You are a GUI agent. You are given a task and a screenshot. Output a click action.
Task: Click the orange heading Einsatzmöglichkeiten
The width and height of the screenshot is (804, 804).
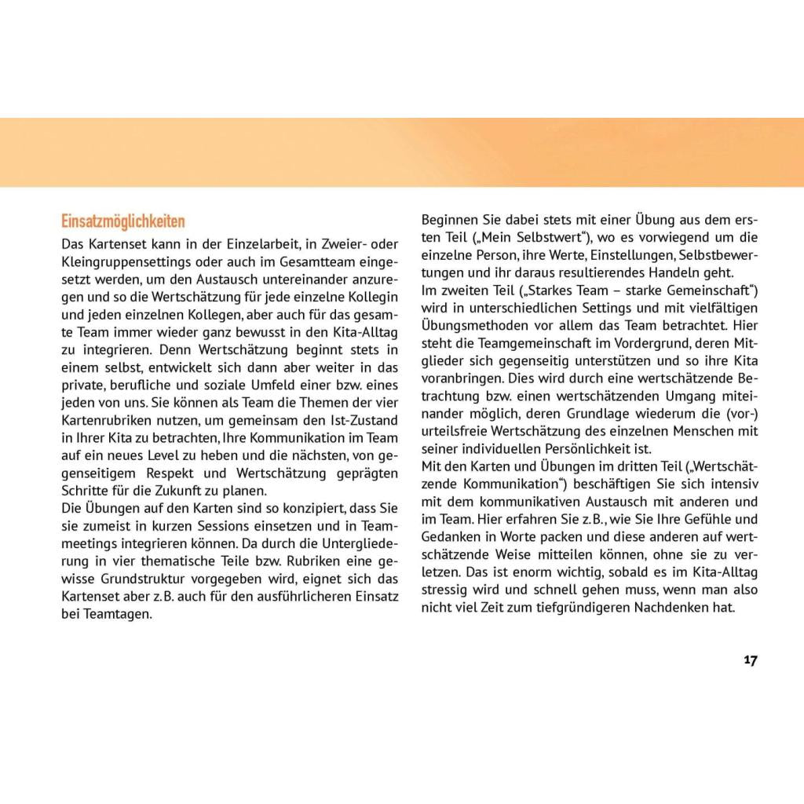click(x=123, y=221)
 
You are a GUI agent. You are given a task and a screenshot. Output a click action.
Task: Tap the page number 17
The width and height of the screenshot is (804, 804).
click(x=751, y=660)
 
